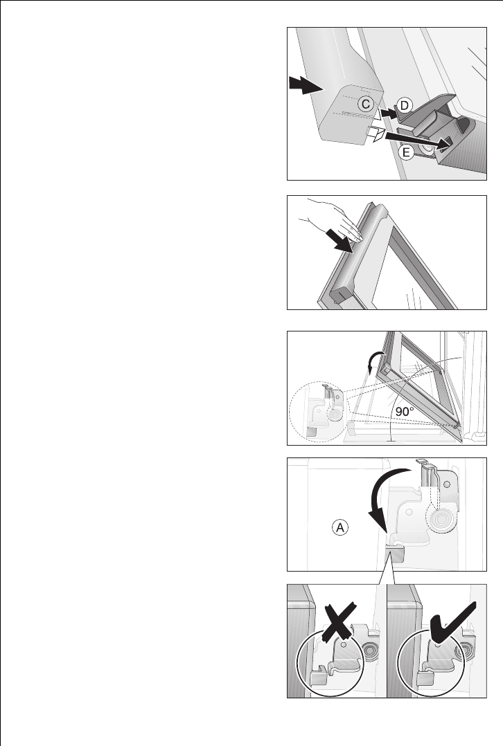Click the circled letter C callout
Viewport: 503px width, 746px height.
365,104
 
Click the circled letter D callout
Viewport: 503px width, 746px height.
404,105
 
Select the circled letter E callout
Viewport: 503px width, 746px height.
406,152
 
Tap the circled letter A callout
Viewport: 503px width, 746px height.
339,527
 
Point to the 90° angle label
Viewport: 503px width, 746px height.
405,412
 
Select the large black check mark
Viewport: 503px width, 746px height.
452,622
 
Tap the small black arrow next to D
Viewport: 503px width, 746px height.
389,113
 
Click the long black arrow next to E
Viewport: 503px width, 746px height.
418,140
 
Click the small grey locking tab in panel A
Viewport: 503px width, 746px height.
394,554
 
